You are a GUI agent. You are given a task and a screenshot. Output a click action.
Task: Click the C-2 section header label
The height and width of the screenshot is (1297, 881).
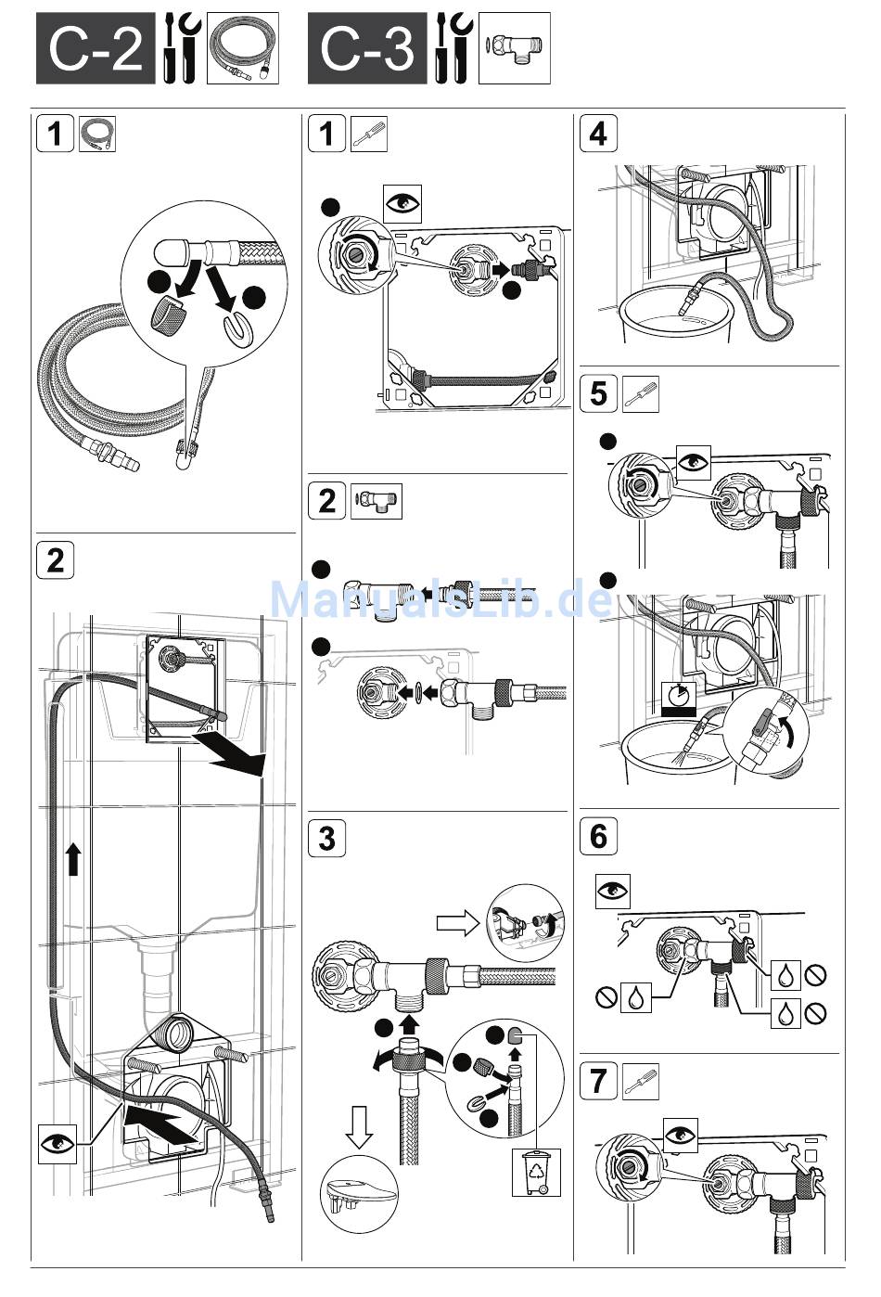point(96,48)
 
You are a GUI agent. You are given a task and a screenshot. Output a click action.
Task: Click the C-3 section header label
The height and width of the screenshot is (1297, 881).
point(367,48)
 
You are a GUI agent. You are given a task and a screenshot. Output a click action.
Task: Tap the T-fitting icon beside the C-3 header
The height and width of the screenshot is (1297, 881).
point(515,48)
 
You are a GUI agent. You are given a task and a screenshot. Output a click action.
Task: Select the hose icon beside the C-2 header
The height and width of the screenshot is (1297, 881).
point(243,48)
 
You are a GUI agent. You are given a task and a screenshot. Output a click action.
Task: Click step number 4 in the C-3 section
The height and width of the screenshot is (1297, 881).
point(598,133)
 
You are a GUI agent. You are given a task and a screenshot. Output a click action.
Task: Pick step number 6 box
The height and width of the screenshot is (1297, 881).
point(598,836)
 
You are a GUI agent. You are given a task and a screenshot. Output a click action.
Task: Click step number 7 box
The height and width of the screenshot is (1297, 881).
point(598,1081)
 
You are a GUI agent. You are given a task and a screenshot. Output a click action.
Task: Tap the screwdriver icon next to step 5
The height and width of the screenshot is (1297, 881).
point(641,393)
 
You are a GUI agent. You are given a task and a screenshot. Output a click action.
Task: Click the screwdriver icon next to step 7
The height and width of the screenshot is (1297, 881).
point(641,1081)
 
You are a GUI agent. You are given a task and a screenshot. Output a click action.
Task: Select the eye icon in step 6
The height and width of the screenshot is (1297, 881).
point(612,891)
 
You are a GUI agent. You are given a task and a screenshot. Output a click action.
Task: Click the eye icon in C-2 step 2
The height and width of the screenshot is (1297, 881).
point(57,1144)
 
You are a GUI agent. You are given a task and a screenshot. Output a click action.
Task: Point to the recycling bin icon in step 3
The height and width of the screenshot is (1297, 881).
point(537,1172)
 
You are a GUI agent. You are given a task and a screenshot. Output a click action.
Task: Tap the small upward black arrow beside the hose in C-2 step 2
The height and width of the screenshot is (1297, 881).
point(73,858)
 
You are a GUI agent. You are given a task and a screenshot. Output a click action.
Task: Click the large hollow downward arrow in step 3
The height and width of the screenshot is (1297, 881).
point(359,1124)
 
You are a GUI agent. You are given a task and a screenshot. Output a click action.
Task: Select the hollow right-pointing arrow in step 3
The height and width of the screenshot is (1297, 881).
point(457,923)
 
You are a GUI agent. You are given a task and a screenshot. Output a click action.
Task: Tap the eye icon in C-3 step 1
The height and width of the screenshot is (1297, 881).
point(403,202)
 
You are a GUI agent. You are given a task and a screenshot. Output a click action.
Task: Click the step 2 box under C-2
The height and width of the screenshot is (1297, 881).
point(56,560)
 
